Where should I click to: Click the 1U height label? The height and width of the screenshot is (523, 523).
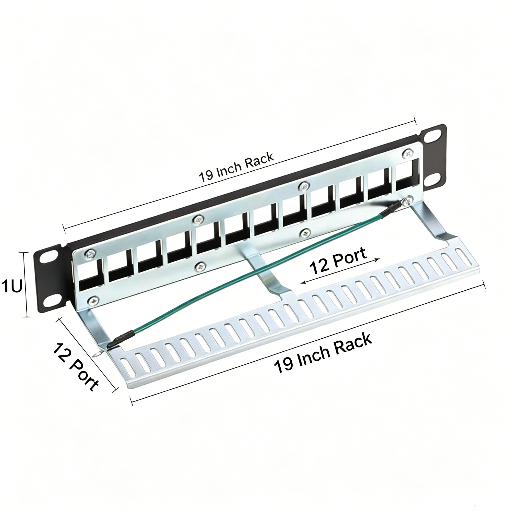[x=11, y=287]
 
